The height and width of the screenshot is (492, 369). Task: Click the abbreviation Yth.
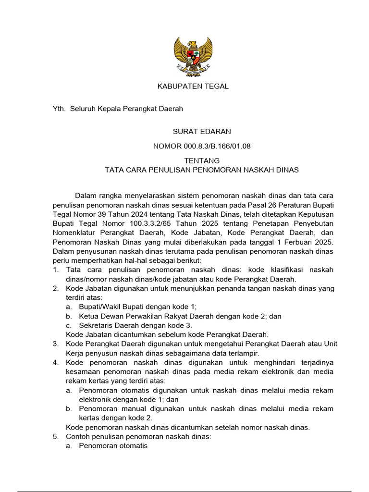tap(58, 109)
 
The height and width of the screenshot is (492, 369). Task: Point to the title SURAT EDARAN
tap(195, 131)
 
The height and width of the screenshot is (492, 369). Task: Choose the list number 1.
tap(55, 270)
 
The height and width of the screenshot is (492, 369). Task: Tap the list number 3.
tap(55, 344)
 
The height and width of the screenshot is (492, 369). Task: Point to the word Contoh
tap(79, 437)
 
